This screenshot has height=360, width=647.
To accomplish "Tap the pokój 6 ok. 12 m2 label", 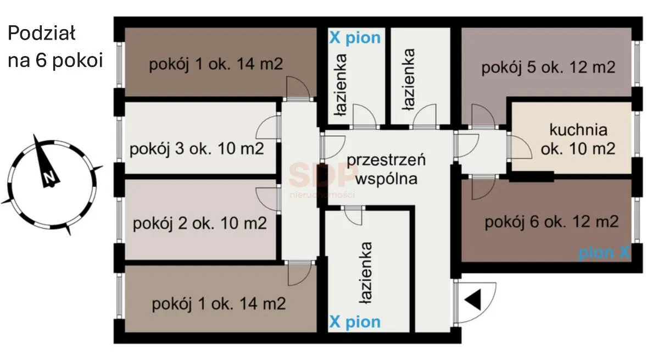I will click(x=551, y=222).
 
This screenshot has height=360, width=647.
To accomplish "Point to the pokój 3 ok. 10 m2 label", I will click(x=196, y=149).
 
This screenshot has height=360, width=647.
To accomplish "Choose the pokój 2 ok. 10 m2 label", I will click(x=199, y=224).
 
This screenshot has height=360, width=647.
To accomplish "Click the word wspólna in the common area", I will click(x=386, y=178).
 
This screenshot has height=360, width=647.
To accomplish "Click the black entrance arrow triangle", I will click(x=474, y=300).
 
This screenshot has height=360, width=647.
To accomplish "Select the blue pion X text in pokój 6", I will click(x=604, y=252).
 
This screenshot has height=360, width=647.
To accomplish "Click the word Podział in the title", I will click(x=41, y=34).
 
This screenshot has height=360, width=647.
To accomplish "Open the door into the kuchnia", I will click(x=519, y=147).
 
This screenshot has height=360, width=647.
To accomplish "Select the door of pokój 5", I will click(x=483, y=116).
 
